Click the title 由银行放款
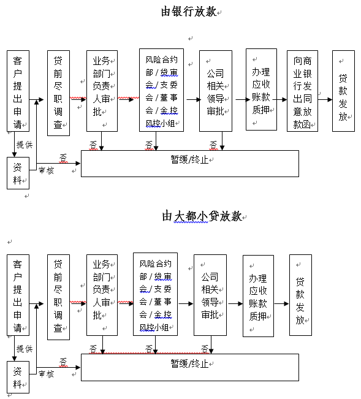click(x=189, y=12)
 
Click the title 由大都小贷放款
click(x=202, y=216)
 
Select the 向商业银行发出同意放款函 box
click(x=302, y=91)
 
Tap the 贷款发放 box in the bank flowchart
click(x=343, y=91)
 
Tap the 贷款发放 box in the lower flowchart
click(x=300, y=295)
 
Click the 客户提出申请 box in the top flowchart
click(x=18, y=91)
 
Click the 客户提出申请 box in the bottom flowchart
click(x=18, y=295)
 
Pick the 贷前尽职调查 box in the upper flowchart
click(x=58, y=93)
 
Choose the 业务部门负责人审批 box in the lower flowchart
click(x=102, y=295)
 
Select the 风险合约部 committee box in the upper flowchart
click(x=161, y=90)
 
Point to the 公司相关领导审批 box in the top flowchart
click(x=216, y=91)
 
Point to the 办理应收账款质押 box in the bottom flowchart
click(x=258, y=296)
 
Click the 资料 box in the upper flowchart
click(x=18, y=173)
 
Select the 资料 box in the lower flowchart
click(x=18, y=377)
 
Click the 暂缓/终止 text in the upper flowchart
click(x=189, y=160)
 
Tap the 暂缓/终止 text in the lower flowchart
click(x=189, y=363)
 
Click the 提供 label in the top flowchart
click(x=25, y=145)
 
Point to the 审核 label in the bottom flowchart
click(x=47, y=374)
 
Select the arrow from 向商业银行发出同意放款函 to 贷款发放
click(x=325, y=99)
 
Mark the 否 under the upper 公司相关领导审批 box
click(x=213, y=145)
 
